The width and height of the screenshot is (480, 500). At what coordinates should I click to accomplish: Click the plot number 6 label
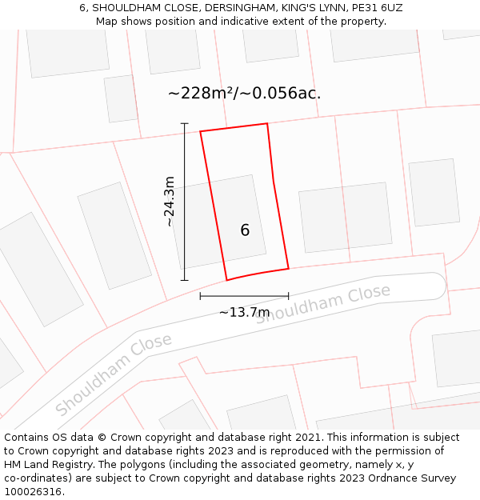pos(245,230)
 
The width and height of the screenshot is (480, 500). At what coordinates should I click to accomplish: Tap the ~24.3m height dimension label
pos(170,202)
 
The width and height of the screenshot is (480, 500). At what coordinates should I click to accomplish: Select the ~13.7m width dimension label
pos(244,312)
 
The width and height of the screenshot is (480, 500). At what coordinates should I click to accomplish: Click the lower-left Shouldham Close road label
pos(114,374)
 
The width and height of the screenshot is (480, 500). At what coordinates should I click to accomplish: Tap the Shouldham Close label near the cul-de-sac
pos(324,304)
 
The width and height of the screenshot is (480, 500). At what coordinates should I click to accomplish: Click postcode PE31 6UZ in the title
pos(375,8)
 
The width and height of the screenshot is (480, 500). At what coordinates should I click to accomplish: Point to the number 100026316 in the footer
pos(33,492)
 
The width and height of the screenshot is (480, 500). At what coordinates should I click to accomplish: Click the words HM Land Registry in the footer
pos(42,465)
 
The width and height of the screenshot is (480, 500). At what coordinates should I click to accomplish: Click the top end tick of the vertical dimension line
pos(185,124)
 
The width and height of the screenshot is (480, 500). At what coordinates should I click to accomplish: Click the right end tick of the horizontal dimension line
pos(288,296)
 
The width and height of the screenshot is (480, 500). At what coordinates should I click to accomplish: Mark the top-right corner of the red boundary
pos(266,123)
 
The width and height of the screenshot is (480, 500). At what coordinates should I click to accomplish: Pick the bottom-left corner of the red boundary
pos(227,280)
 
